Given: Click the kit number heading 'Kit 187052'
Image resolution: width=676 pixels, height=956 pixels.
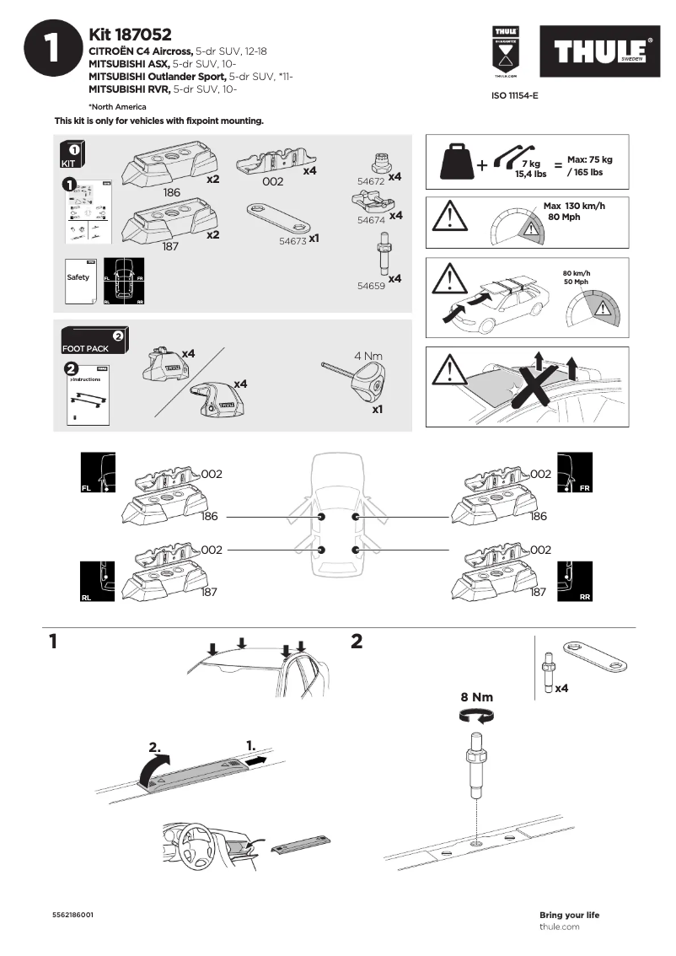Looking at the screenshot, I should tap(130, 35).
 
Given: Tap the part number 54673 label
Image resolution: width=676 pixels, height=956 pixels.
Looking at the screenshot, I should tap(292, 239).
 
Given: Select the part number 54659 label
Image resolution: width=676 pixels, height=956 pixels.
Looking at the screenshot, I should tap(371, 286).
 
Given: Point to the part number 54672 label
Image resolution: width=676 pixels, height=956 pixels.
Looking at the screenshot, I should tap(371, 181).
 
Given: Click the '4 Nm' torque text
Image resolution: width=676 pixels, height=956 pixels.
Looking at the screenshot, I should tap(368, 356).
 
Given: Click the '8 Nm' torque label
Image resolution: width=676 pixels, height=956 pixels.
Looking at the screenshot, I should tap(476, 697).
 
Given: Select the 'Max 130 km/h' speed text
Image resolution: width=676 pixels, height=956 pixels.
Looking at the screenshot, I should tap(574, 206).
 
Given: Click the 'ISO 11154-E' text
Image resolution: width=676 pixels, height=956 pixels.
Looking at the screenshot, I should tap(514, 96).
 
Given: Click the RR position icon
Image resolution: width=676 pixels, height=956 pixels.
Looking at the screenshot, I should tap(576, 582).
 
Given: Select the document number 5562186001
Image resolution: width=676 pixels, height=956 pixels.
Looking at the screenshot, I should tap(72, 915).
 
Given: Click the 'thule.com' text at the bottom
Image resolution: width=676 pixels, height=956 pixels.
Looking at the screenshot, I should tap(560, 926).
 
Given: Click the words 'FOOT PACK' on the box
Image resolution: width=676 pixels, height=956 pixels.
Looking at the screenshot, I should tap(84, 348).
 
